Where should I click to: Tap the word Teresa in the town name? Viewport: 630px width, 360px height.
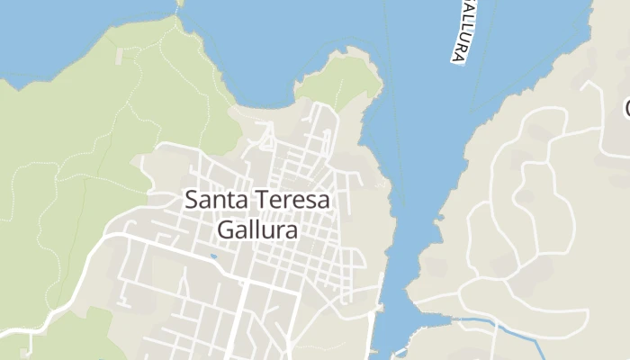[292, 201]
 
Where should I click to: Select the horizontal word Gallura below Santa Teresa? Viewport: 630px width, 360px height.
[257, 229]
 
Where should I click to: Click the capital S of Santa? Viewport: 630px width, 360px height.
[191, 201]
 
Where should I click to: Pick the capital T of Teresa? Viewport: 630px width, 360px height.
[262, 201]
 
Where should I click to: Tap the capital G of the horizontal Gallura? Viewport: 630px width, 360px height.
[225, 229]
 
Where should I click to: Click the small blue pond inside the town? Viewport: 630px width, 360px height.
[213, 256]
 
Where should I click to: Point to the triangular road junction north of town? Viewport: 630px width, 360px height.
[266, 140]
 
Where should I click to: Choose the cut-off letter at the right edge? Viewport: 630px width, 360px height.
[625, 108]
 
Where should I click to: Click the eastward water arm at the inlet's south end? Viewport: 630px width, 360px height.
[432, 319]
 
